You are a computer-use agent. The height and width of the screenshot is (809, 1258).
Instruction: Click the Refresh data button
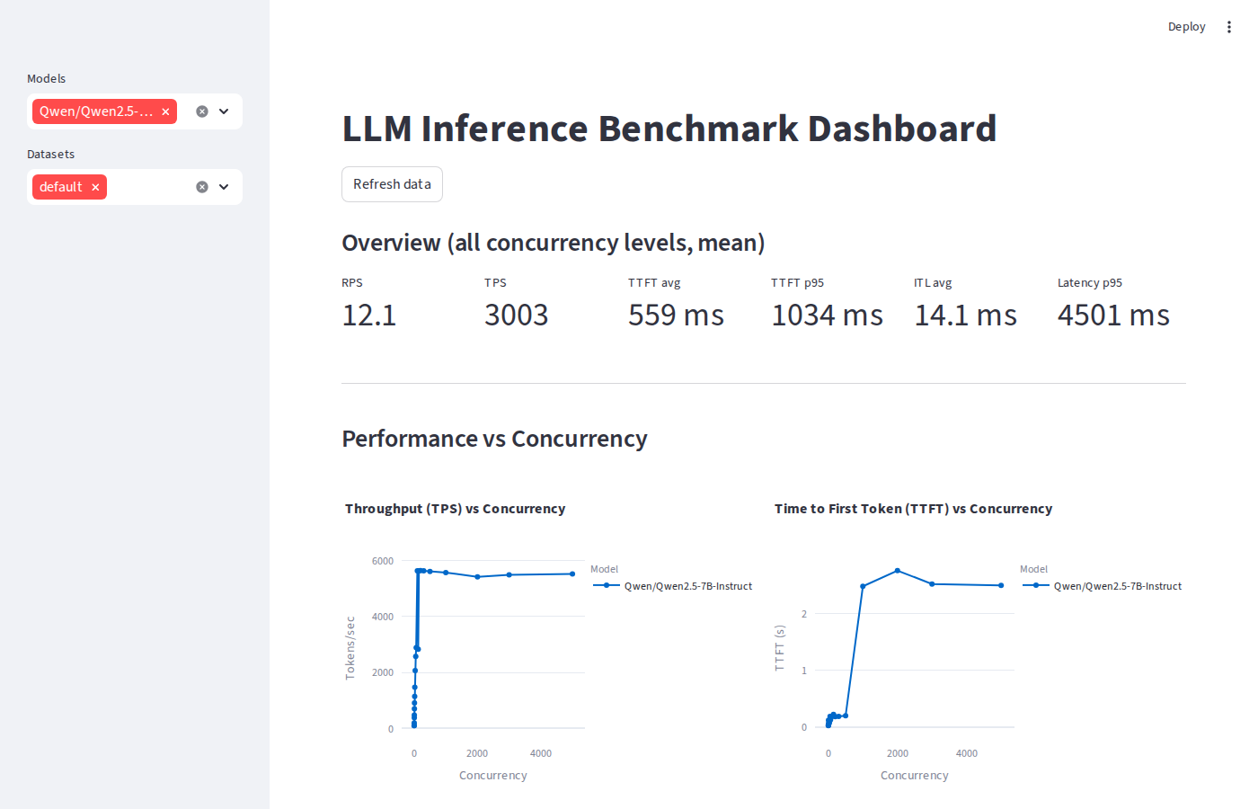point(392,184)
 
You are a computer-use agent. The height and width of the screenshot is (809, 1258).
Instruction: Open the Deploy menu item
point(1186,27)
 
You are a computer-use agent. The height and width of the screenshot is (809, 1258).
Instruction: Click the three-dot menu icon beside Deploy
point(1229,27)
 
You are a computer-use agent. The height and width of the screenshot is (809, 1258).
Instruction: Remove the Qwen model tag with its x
point(165,111)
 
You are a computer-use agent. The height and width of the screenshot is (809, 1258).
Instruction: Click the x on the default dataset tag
point(95,187)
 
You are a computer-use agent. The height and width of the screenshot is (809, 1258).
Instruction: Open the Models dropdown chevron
point(224,111)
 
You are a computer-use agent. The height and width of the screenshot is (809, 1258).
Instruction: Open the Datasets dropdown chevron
point(224,187)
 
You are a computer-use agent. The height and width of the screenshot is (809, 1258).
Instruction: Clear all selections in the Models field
point(202,111)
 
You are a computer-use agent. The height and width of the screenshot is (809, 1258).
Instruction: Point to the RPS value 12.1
point(368,316)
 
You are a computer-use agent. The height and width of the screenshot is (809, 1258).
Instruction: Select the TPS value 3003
point(516,316)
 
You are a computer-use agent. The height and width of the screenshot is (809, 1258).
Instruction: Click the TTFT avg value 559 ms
point(676,316)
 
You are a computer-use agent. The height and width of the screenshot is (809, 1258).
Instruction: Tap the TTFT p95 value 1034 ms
point(827,316)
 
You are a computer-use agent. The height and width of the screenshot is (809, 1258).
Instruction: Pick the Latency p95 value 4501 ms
point(1113,316)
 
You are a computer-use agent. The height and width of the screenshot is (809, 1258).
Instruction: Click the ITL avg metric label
point(933,283)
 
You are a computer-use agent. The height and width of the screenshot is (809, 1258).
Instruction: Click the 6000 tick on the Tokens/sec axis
point(383,561)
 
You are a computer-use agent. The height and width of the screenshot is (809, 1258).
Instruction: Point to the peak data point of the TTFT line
point(898,571)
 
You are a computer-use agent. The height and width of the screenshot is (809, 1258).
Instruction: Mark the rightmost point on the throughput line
point(572,573)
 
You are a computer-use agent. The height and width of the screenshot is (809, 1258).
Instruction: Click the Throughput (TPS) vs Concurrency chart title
point(455,509)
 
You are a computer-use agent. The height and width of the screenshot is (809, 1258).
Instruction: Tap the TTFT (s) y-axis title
point(779,648)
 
